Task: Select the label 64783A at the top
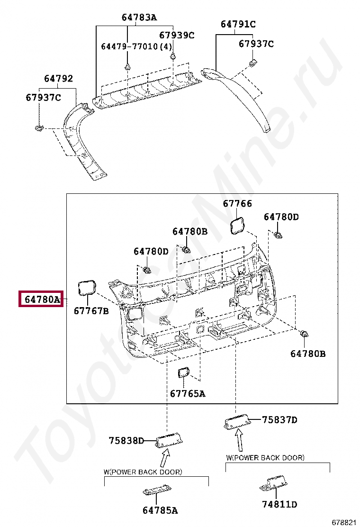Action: click(x=139, y=18)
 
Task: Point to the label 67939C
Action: click(x=176, y=35)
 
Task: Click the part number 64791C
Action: click(x=238, y=24)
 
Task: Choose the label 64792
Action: click(x=59, y=79)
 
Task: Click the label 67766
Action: click(x=237, y=203)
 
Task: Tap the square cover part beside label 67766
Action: click(x=237, y=226)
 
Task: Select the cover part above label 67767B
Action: click(x=87, y=287)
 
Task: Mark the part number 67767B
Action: click(x=91, y=311)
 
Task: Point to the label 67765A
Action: click(x=188, y=394)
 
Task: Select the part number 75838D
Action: click(x=126, y=440)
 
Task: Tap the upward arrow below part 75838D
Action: click(x=164, y=458)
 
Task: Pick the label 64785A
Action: click(x=160, y=510)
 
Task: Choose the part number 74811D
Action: click(x=279, y=505)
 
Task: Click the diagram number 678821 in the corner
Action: click(x=343, y=522)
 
